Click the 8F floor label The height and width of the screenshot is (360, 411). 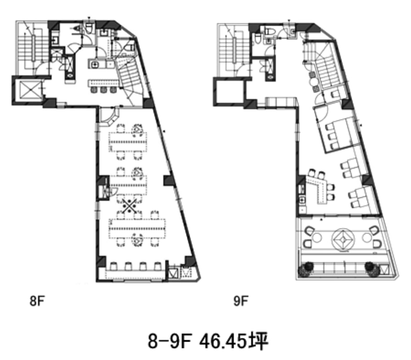(x=37, y=301)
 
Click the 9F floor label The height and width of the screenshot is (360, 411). (x=241, y=301)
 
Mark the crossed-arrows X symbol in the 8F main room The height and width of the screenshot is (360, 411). (x=129, y=206)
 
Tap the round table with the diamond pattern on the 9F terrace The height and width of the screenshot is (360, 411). (x=343, y=239)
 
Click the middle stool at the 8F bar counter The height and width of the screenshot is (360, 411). (x=103, y=90)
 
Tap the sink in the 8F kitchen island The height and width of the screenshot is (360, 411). (x=94, y=64)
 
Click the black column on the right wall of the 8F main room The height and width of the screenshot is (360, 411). (x=169, y=181)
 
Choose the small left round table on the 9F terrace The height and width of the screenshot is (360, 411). (x=317, y=238)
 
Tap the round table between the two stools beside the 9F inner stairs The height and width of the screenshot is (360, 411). (x=313, y=82)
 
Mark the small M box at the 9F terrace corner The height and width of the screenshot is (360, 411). (x=385, y=269)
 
